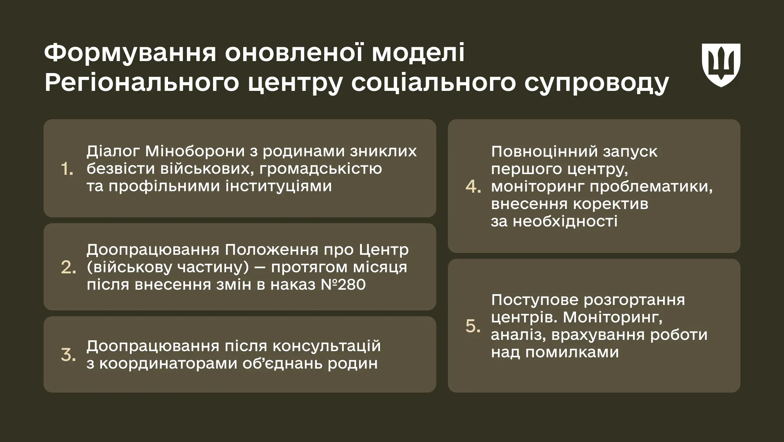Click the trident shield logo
[x=721, y=65]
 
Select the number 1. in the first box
[x=67, y=169]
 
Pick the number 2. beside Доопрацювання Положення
[x=68, y=268]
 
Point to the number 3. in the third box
[x=68, y=355]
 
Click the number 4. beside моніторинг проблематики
[x=473, y=187]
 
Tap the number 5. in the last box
[x=473, y=326]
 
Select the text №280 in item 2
[x=343, y=285]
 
